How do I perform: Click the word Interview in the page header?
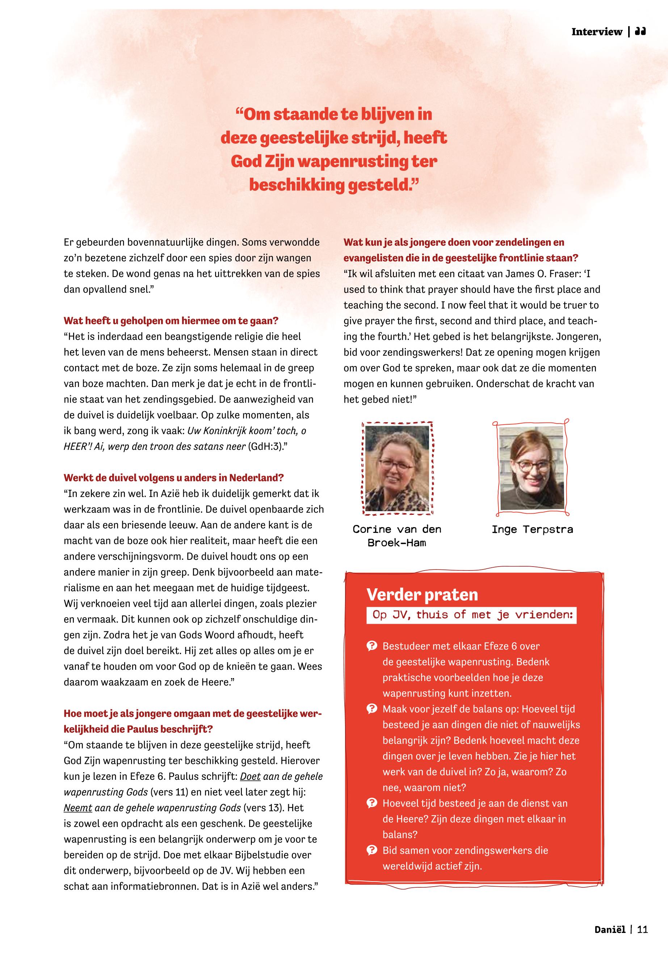[x=596, y=32]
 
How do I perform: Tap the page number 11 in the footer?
[x=642, y=930]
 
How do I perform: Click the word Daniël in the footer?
[x=610, y=930]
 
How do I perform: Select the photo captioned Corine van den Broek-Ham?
[x=397, y=468]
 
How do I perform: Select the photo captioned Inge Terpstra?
[x=532, y=468]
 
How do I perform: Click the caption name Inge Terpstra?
[x=532, y=529]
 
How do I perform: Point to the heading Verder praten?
[x=422, y=595]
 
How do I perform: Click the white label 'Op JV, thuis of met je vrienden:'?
[x=471, y=615]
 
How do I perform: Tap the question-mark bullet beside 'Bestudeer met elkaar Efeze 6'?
[x=371, y=646]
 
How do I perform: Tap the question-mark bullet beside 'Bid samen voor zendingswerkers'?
[x=371, y=850]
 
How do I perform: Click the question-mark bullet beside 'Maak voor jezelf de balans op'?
[x=371, y=709]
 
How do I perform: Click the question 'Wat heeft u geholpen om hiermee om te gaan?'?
[x=171, y=321]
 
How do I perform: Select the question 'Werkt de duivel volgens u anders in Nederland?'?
[x=174, y=478]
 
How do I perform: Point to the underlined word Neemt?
[x=78, y=808]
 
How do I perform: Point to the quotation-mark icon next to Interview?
[x=640, y=32]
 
